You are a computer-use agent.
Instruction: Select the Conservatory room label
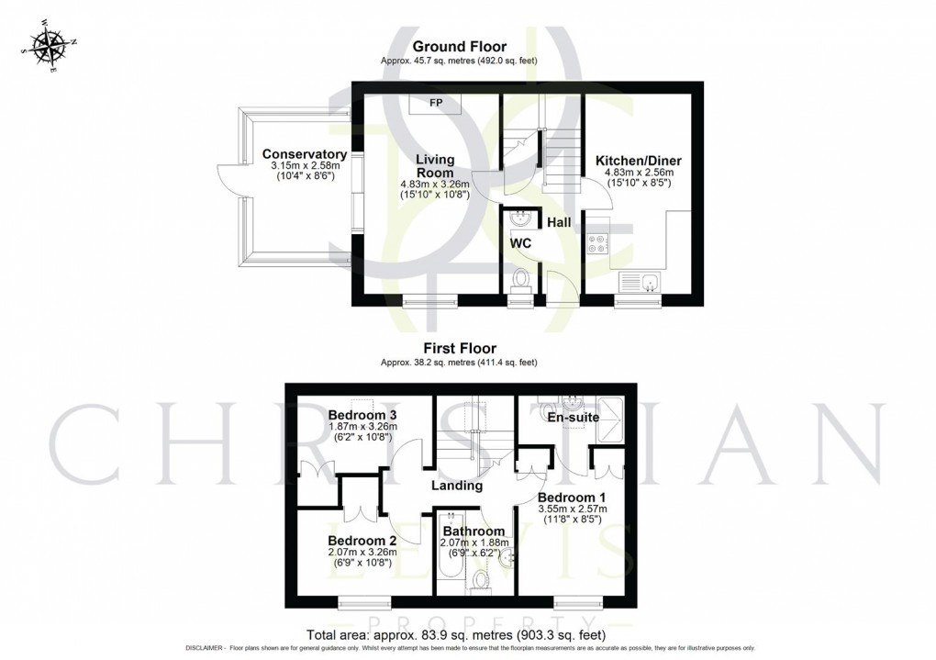[x=305, y=154]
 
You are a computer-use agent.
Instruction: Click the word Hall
[x=561, y=222]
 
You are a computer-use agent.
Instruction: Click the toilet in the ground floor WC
[x=521, y=278]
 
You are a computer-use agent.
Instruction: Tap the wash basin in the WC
[x=519, y=218]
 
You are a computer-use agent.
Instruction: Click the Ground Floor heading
[x=459, y=47]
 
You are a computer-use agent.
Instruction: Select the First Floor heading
[x=459, y=349]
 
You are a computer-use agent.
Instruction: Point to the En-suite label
[x=573, y=418]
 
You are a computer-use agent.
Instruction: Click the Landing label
[x=456, y=486]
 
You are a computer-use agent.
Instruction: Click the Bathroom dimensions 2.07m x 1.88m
[x=474, y=544]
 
